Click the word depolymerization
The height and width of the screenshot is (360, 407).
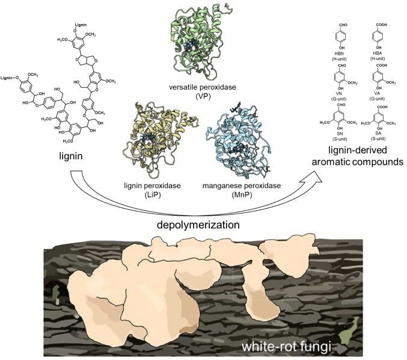coord(183,223)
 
